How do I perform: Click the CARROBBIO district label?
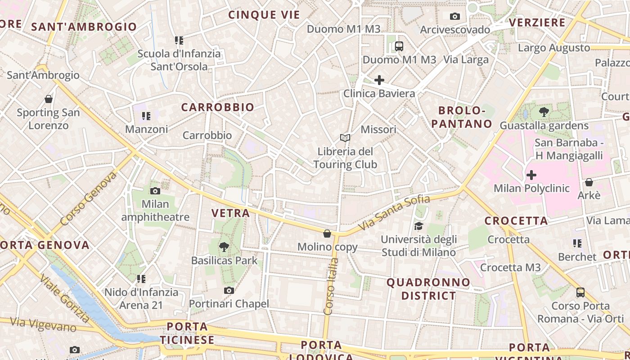point(217,107)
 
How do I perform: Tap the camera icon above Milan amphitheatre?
point(155,191)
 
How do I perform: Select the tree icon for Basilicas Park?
point(224,247)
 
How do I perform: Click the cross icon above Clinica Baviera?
point(379,80)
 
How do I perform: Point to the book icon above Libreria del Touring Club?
point(345,138)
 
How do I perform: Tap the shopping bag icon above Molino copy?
point(327,234)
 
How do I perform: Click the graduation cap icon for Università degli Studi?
point(419,226)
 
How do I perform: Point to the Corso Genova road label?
point(88,198)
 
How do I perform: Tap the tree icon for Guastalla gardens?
point(544,112)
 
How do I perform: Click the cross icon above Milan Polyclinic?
point(531,175)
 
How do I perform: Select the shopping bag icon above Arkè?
point(589,182)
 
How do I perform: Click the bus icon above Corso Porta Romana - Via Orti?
point(580,292)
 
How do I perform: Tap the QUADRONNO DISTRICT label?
point(428,289)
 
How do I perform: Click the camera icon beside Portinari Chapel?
point(229,290)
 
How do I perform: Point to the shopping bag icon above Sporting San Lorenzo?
point(49,99)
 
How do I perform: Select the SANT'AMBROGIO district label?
point(84,27)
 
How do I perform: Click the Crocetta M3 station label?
point(510,267)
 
